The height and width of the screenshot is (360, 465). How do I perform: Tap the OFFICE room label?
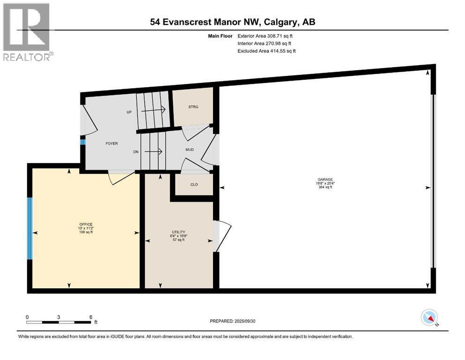pos(86,224)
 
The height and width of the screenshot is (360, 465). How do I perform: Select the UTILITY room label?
pos(178,232)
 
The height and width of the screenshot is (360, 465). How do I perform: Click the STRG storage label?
pos(193,107)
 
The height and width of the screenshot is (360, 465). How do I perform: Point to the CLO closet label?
pos(193,184)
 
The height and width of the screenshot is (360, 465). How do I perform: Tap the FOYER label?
pos(111,143)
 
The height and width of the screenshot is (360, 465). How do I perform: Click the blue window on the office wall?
pos(30,228)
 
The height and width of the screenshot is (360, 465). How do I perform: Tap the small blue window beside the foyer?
pos(82,142)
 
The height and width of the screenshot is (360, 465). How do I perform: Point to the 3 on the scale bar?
pos(59,317)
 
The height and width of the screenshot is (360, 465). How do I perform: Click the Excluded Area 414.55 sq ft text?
pos(266,51)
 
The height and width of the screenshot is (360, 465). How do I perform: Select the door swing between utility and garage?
pos(221,234)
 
